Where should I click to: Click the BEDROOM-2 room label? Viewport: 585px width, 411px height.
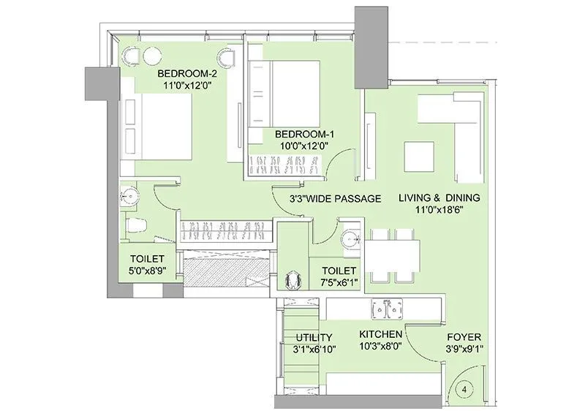(x=187, y=73)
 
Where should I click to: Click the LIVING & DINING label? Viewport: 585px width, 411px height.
(x=439, y=197)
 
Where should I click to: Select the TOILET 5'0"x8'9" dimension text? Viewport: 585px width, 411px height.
(x=147, y=271)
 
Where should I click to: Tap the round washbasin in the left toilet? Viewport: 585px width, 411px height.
(x=132, y=195)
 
